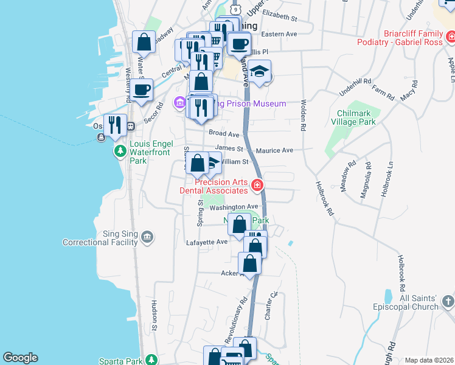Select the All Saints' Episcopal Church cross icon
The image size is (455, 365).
448,301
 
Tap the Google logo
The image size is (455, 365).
20,358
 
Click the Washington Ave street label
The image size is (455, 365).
234,207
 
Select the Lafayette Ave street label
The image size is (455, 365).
206,242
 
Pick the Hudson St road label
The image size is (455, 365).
155,310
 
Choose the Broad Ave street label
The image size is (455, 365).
224,134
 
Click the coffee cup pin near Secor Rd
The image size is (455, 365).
142,90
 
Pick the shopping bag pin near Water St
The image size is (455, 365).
144,43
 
